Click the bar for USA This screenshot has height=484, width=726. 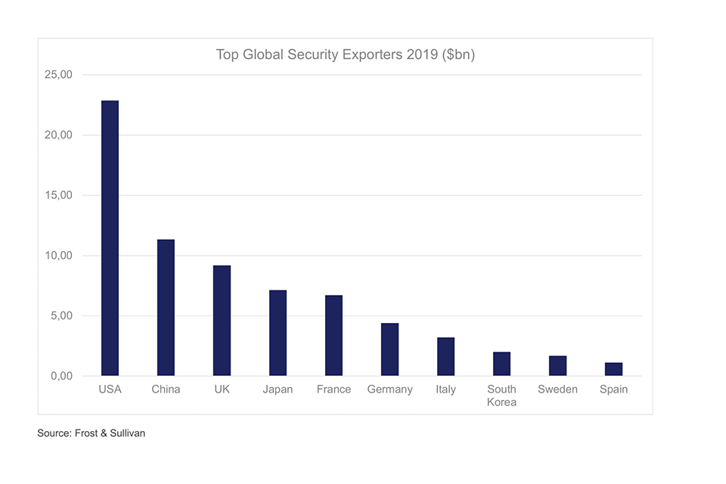pyautogui.click(x=110, y=238)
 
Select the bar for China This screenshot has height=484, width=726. pyautogui.click(x=166, y=308)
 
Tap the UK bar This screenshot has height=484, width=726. pyautogui.click(x=222, y=321)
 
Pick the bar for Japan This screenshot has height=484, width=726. pyautogui.click(x=278, y=333)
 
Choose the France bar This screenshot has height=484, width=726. pyautogui.click(x=334, y=335)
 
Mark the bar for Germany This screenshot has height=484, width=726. pyautogui.click(x=389, y=349)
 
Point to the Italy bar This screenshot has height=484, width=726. pyautogui.click(x=445, y=356)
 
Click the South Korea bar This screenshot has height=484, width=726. pyautogui.click(x=501, y=364)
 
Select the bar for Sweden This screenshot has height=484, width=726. pyautogui.click(x=557, y=365)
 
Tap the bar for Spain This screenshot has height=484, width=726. pyautogui.click(x=613, y=369)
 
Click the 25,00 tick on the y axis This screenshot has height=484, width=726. pyautogui.click(x=57, y=75)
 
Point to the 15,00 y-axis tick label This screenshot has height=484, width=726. pyautogui.click(x=57, y=195)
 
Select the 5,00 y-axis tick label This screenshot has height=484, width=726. pyautogui.click(x=60, y=315)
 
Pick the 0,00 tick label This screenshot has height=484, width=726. pyautogui.click(x=60, y=376)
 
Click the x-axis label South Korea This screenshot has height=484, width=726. pyautogui.click(x=501, y=396)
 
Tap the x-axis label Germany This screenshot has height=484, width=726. pyautogui.click(x=389, y=389)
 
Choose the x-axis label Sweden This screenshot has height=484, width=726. pyautogui.click(x=557, y=389)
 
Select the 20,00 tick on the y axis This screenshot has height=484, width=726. pyautogui.click(x=57, y=135)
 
